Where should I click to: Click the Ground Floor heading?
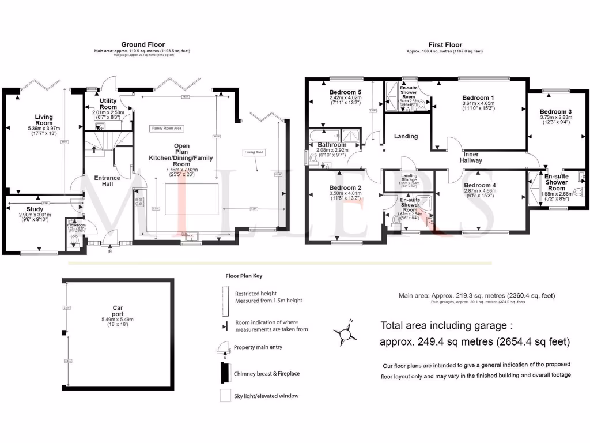(142, 44)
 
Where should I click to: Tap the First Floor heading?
(444, 44)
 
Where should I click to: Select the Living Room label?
(43, 120)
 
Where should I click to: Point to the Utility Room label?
(108, 104)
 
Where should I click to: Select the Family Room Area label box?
(167, 128)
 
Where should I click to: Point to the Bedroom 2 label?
(346, 188)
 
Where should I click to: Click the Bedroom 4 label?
(479, 185)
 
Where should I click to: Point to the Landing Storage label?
(409, 177)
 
